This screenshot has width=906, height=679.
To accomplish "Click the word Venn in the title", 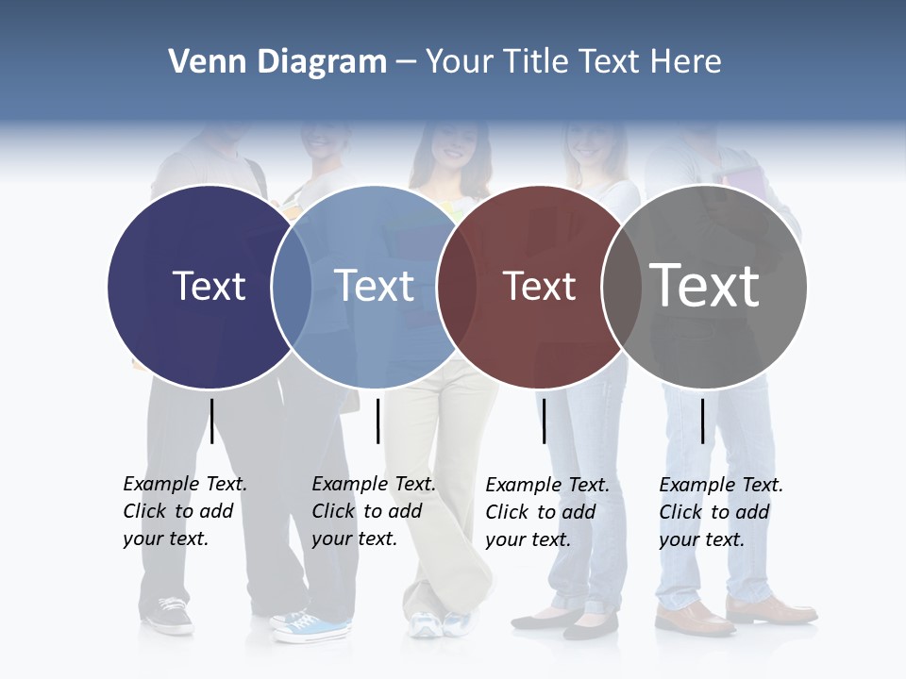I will coord(201,62).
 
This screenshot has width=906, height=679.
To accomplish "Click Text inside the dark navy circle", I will coord(209,287).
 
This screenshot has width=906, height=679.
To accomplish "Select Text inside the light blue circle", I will coord(375,287).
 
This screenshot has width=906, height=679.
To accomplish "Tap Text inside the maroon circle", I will coord(539,287).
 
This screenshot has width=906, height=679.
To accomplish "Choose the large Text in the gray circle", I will coord(705,286).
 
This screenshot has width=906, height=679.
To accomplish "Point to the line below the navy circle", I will coord(211,421).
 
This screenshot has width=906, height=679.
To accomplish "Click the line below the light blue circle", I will coord(377,421).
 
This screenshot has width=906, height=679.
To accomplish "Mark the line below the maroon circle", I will coord(544,421).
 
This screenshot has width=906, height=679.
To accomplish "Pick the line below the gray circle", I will coord(702,421).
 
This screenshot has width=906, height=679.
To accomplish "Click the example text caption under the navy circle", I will coord(185,511).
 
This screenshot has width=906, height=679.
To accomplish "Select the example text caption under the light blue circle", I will coord(374,511).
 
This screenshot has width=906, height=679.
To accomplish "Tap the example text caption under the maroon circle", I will coord(547,512).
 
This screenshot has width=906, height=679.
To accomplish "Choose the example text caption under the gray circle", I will coord(721,512).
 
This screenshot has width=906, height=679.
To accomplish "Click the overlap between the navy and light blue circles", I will coord(292,287).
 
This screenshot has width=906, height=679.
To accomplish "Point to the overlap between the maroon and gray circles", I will coord(623,287).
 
